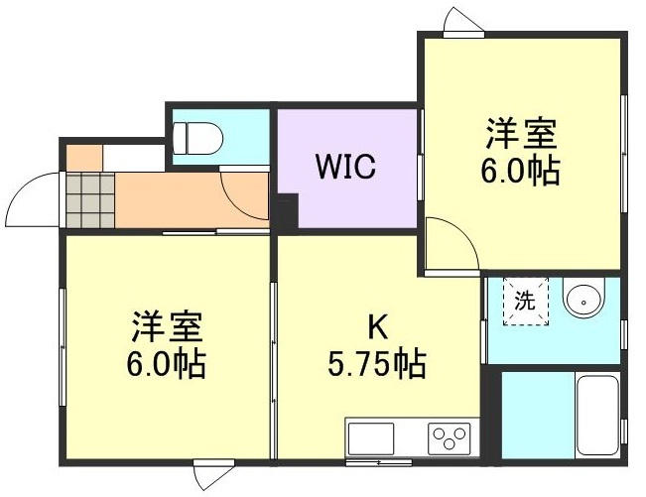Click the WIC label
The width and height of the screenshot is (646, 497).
(x=345, y=167)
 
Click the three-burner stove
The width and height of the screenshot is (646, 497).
(x=449, y=435)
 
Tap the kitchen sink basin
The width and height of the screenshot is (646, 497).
(x=370, y=436)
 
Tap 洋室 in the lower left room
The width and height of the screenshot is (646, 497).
(x=168, y=326)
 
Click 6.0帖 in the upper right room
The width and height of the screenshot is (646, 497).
(x=521, y=171)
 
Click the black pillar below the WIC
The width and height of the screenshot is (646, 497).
(x=286, y=214)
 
